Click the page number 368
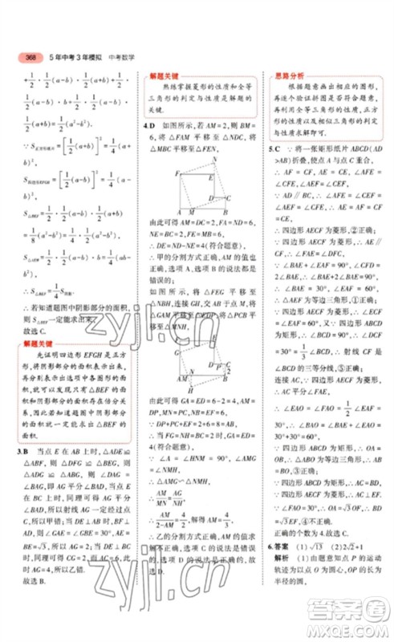coord(32,57)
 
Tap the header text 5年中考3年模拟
coord(73,57)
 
